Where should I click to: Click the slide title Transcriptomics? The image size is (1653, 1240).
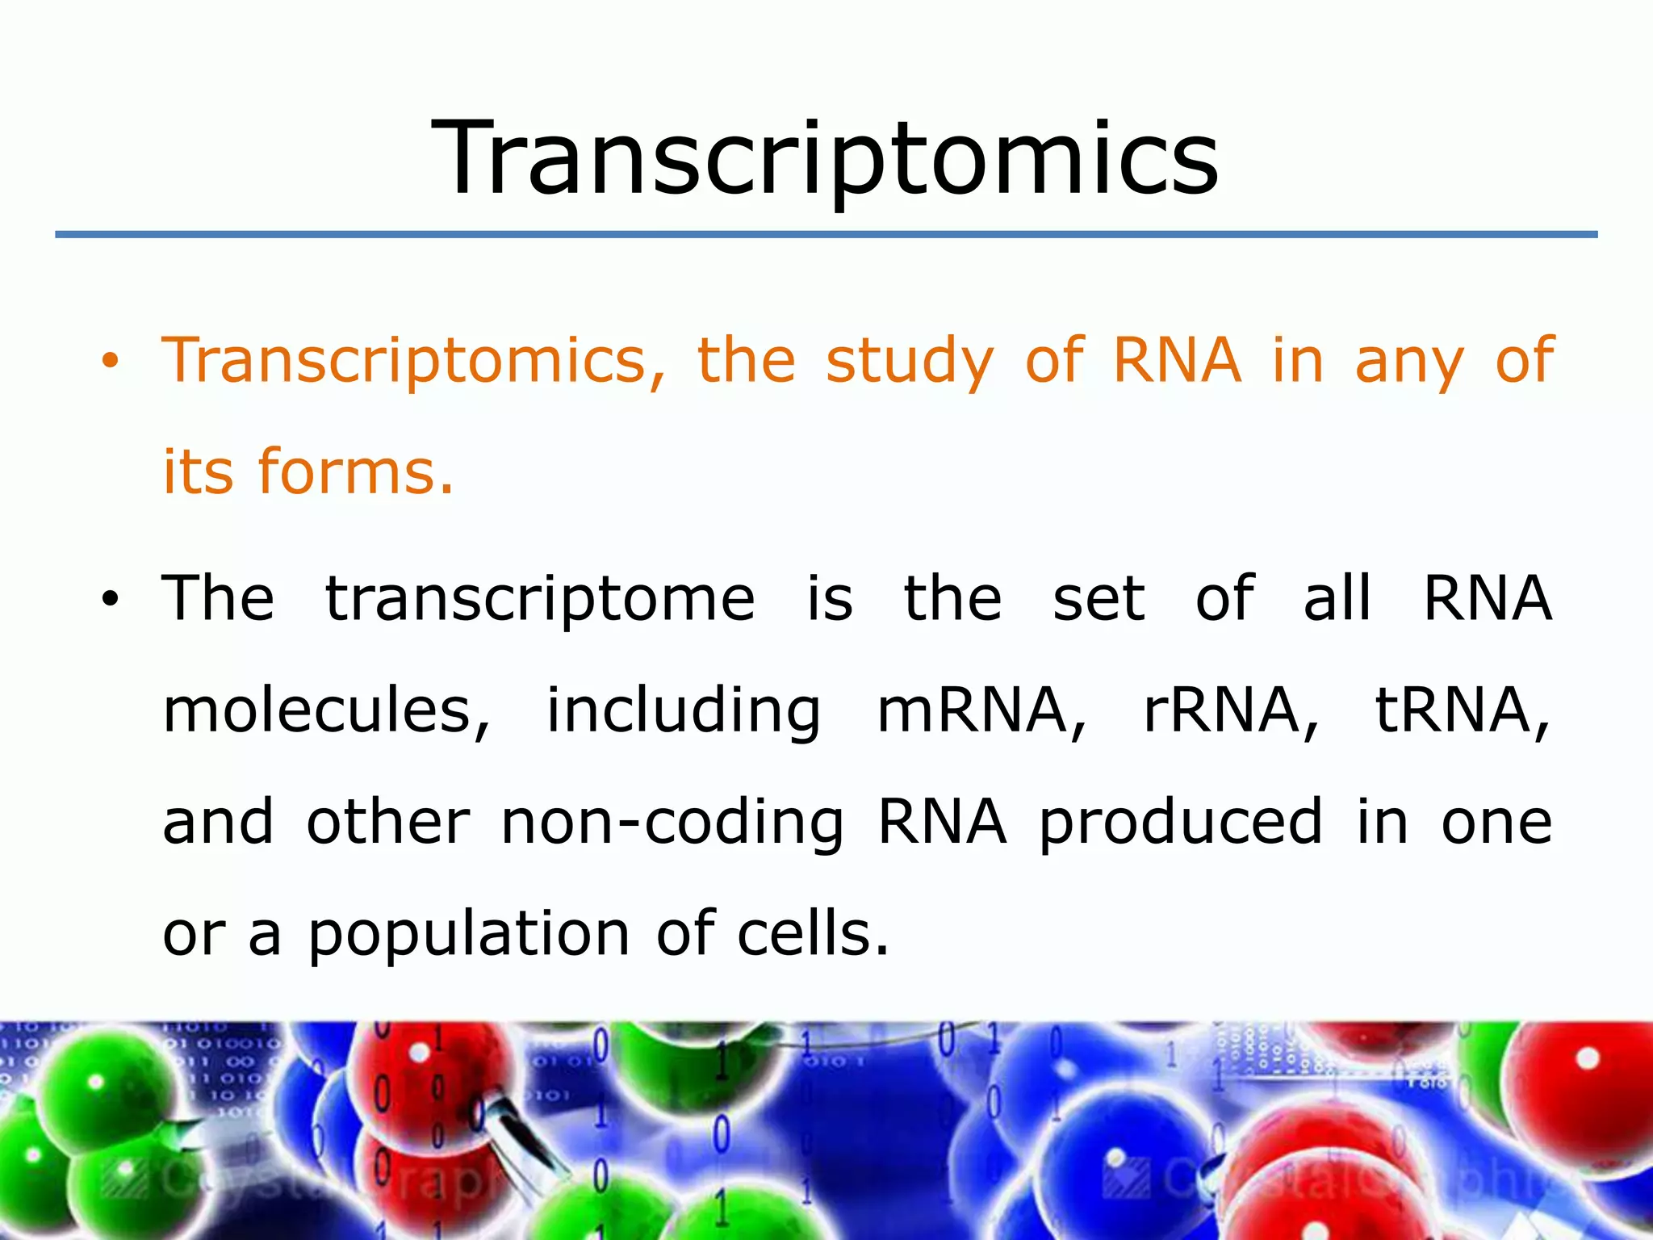click(825, 157)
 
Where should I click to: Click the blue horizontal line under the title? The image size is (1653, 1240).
click(825, 234)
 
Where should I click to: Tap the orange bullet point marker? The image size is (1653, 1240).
click(110, 362)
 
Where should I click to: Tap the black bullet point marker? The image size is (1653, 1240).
click(110, 599)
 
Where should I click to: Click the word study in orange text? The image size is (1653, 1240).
click(910, 361)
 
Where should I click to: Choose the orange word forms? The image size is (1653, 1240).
click(356, 471)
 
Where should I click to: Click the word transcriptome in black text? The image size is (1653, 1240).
click(540, 599)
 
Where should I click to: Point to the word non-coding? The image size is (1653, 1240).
click(672, 823)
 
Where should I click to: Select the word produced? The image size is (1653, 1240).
click(1180, 823)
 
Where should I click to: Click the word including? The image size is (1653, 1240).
click(684, 710)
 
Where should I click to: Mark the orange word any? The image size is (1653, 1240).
click(1408, 361)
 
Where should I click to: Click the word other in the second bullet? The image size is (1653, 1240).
click(388, 823)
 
